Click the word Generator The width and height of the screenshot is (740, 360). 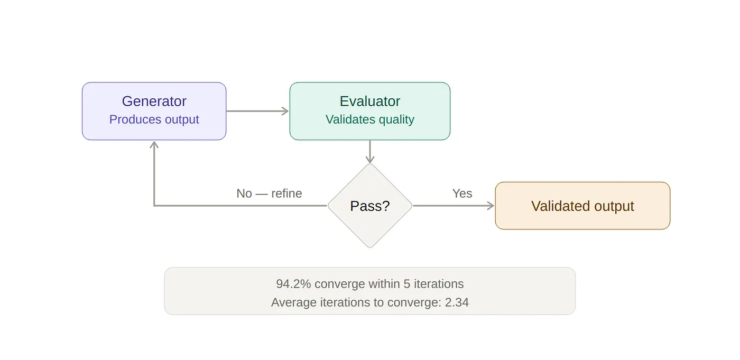pos(154,101)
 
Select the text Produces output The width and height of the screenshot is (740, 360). pos(154,119)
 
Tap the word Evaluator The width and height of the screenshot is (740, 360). pos(369,101)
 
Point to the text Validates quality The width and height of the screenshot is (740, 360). pos(369,119)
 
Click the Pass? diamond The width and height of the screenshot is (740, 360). pos(369,206)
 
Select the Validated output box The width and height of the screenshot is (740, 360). pos(582,206)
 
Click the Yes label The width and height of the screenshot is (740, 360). pos(462,193)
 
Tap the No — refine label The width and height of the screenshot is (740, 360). pos(269,193)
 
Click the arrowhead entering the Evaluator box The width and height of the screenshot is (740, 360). pos(286,111)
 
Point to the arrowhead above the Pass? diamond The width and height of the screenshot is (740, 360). pos(369,160)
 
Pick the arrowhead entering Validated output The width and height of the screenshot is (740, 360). pos(491,206)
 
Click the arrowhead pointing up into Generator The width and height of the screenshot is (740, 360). pos(154,144)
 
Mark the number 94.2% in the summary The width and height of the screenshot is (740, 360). pos(293,284)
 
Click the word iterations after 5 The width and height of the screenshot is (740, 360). pos(439,284)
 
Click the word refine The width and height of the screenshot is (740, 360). pos(286,193)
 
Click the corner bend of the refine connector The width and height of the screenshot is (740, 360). pos(154,206)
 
